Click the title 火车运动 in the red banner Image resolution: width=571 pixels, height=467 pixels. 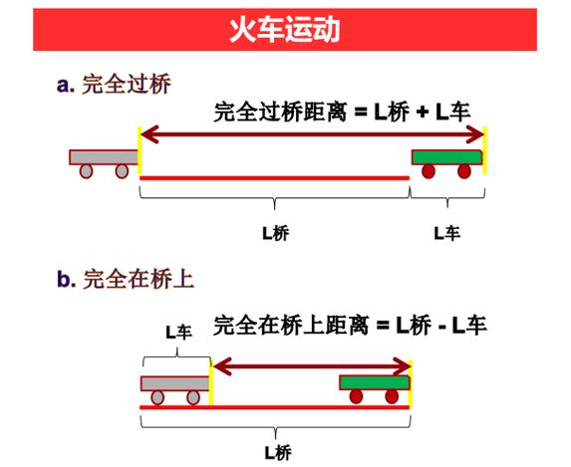click(x=285, y=30)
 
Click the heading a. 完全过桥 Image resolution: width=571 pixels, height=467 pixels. click(x=114, y=85)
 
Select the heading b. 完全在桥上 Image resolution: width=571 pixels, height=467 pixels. click(x=126, y=279)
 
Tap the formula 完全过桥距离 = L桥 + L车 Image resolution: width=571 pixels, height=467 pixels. click(x=342, y=111)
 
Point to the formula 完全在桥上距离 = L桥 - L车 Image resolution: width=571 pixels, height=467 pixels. click(x=350, y=325)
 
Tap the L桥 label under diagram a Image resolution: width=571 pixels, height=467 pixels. click(x=276, y=233)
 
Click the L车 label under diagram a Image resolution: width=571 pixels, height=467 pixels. click(x=446, y=233)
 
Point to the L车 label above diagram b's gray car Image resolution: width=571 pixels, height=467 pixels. click(x=178, y=333)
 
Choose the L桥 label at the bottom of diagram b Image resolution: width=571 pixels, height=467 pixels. click(x=277, y=453)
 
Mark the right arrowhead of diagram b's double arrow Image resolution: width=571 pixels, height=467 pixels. click(x=402, y=366)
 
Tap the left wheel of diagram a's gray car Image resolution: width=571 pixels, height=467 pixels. click(x=86, y=171)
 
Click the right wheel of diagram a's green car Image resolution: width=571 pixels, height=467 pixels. click(x=464, y=171)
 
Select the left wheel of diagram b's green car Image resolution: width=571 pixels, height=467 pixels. click(x=356, y=396)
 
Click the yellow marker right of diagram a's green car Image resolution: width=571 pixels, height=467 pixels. click(x=484, y=150)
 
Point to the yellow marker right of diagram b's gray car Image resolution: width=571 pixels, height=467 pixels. click(x=211, y=381)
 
